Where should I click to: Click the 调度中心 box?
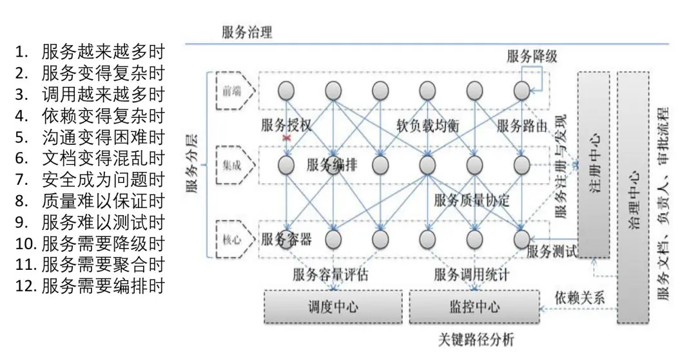(333, 307)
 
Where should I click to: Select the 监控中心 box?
(474, 307)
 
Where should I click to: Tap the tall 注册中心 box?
(594, 166)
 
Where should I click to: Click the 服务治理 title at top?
(247, 32)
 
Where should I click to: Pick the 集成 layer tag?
(232, 166)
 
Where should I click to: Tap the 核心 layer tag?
(232, 240)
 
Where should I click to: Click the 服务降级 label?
(532, 56)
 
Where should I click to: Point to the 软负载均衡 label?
(428, 125)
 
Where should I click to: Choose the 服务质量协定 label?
(472, 200)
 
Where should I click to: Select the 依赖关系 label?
(580, 298)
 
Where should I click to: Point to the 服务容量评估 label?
(330, 275)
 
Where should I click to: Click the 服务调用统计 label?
(472, 275)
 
